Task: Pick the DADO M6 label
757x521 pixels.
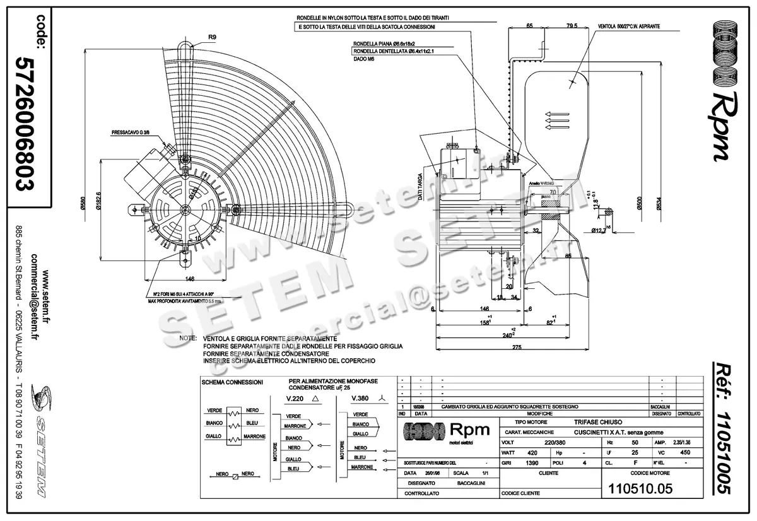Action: pyautogui.click(x=365, y=58)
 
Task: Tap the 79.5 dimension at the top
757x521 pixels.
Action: pyautogui.click(x=572, y=26)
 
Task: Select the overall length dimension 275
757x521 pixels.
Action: pyautogui.click(x=517, y=348)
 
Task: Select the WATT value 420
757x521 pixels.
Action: pyautogui.click(x=532, y=452)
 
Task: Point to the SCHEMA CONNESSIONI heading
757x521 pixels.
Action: pyautogui.click(x=232, y=382)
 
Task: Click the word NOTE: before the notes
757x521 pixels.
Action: pyautogui.click(x=188, y=339)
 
